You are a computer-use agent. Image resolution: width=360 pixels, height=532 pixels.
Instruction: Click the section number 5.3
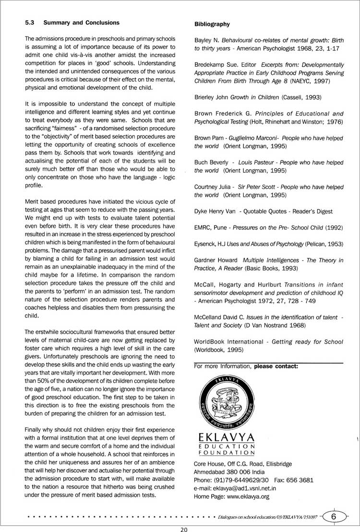(30, 23)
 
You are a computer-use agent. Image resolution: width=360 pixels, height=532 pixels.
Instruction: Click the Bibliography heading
(212, 24)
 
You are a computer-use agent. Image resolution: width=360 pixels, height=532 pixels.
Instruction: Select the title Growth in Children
(253, 97)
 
